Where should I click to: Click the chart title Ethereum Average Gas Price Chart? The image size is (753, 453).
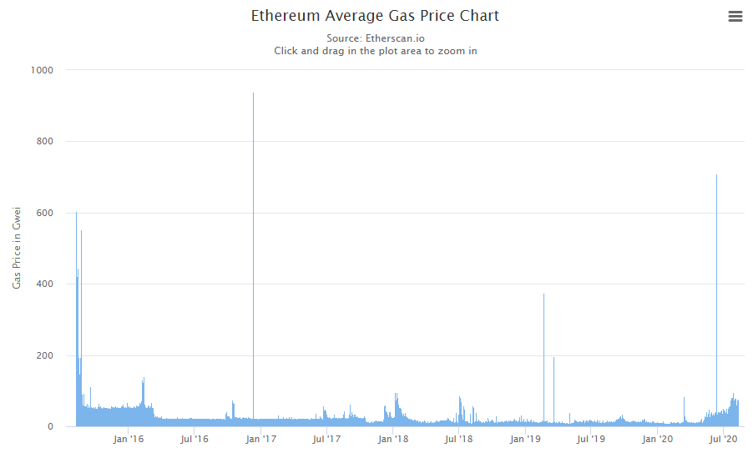pos(375,16)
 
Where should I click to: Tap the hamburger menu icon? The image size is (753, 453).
pos(735,17)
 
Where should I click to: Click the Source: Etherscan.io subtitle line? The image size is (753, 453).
pos(375,38)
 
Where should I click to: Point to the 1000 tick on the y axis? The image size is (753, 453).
pos(41,70)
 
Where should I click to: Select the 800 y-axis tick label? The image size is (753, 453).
pos(44,142)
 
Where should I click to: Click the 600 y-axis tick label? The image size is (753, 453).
pos(44,213)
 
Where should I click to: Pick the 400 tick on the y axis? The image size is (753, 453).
pos(44,284)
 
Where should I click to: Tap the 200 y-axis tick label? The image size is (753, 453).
pos(44,355)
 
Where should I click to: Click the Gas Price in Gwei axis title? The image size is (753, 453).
pos(17,249)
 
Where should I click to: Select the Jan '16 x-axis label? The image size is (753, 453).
pos(129,439)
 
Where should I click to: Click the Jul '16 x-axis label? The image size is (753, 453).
pos(195,439)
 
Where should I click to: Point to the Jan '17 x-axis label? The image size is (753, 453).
pos(261,439)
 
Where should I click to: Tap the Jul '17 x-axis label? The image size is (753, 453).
pos(326,439)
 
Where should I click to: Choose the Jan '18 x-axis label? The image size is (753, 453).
pos(393,439)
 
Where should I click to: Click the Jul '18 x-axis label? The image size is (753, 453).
pos(458,439)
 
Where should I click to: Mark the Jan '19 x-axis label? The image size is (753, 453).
pos(525,439)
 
